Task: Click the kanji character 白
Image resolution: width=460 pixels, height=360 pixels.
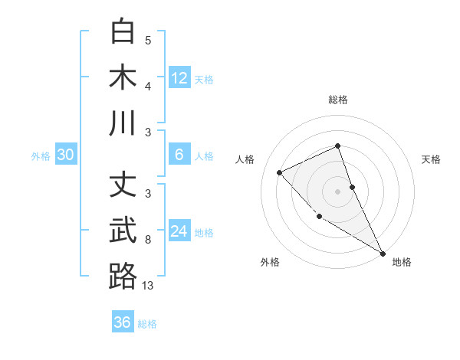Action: point(123,32)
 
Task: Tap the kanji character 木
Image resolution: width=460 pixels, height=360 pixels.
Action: point(123,77)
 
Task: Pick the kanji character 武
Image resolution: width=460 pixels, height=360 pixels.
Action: point(123,231)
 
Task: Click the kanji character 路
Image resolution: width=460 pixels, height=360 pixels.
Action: point(123,276)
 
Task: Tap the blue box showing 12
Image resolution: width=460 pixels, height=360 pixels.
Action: point(179,78)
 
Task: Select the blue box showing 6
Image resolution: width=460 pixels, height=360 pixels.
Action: point(179,155)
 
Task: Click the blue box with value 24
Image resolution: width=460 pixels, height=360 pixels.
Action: point(179,231)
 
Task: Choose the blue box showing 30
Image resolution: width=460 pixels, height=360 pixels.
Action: point(65,155)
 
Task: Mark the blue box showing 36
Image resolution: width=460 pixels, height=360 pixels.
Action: point(122,322)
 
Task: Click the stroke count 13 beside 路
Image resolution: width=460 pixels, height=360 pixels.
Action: point(148,286)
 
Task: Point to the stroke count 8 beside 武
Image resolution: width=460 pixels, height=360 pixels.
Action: point(148,240)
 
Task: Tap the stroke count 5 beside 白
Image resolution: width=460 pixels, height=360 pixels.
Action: point(148,41)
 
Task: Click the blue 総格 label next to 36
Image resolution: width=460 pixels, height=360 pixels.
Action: point(147,324)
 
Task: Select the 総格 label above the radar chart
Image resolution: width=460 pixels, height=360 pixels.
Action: point(338,100)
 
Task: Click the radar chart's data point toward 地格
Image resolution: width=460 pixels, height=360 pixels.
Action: point(383,254)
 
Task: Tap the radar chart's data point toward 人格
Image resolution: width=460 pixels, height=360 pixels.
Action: point(280,172)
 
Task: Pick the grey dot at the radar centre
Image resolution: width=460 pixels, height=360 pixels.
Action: point(338,191)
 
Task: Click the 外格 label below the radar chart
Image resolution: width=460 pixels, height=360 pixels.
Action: point(270,262)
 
